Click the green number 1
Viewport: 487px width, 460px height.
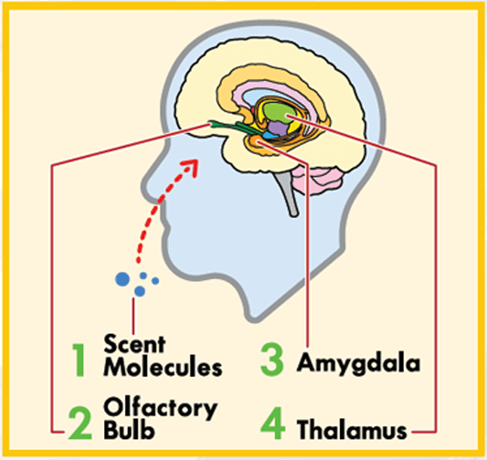point(78,360)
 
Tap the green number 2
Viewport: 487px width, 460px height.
point(80,423)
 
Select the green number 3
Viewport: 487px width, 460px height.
point(272,360)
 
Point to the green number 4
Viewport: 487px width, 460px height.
point(273,423)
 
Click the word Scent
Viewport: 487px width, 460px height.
point(134,344)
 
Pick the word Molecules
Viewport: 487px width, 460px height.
point(162,367)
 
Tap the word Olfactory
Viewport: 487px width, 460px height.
point(161,408)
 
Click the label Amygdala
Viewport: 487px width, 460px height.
point(358,364)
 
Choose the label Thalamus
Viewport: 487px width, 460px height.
point(352,429)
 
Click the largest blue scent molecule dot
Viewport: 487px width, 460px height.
point(122,279)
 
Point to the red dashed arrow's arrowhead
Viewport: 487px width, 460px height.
point(192,167)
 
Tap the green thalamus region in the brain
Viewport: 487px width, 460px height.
point(277,113)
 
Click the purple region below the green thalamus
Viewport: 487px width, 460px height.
point(278,129)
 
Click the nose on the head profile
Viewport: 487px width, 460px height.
point(149,186)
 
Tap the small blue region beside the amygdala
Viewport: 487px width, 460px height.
point(270,135)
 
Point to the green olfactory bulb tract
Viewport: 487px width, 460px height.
point(232,127)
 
